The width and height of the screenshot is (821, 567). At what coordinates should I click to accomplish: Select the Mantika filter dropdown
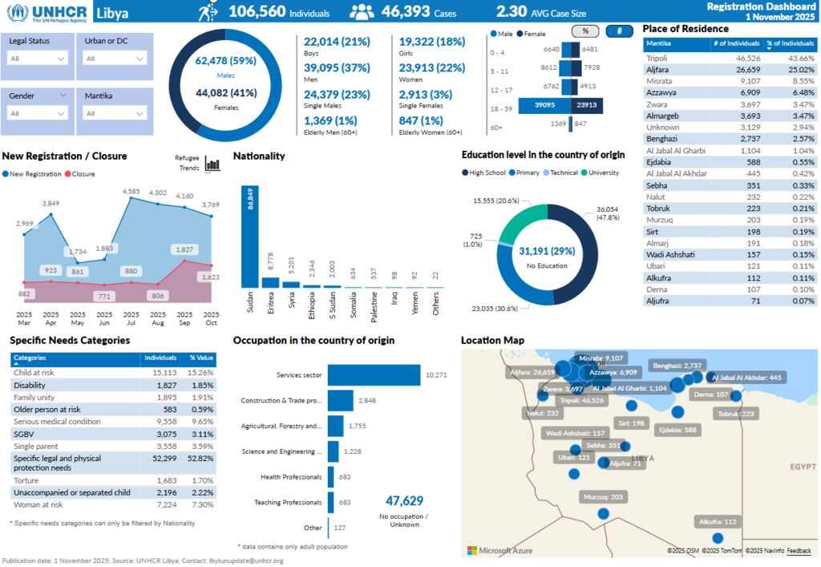pos(115,113)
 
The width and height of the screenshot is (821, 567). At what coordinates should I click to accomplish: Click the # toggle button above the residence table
pos(619,31)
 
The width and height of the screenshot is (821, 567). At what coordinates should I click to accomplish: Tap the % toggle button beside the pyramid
pos(584,31)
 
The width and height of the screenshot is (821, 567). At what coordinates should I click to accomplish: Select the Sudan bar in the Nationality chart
pos(250,237)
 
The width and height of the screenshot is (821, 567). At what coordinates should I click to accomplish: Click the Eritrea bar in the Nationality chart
pos(271,282)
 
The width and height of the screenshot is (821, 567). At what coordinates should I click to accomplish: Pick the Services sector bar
pos(374,375)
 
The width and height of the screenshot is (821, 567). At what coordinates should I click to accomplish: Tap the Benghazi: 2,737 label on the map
pos(677,365)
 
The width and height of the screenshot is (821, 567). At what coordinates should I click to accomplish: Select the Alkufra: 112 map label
pos(718,522)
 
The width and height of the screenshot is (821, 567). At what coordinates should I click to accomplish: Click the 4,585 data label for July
pos(131,192)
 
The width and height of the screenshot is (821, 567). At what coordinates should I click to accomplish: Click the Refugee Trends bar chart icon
pos(212,164)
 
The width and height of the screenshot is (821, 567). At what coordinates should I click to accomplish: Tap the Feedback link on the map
pos(799,550)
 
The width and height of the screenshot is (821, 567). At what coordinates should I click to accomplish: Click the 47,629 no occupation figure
pos(404,501)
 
